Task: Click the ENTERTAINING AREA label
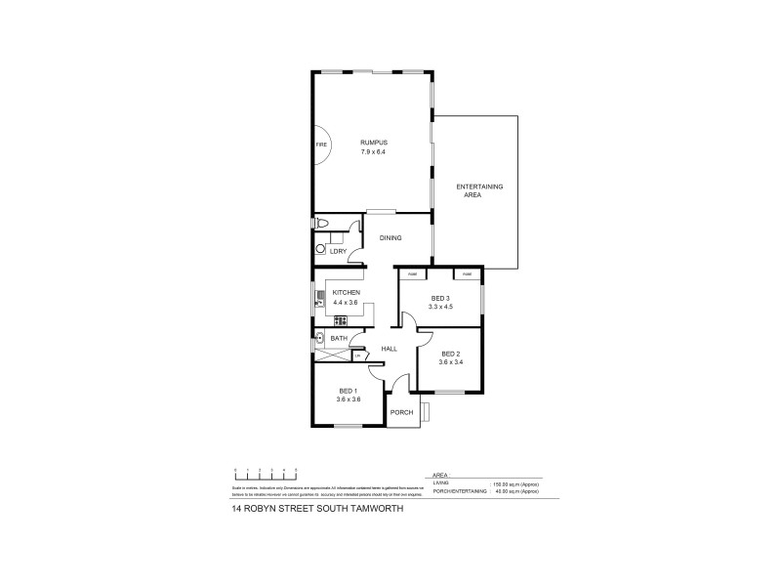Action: coord(479,190)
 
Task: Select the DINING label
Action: coord(390,237)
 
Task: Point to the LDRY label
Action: coord(338,252)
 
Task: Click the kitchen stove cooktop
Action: coord(340,321)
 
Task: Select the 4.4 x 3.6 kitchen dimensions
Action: coord(347,303)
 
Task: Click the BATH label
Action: coord(339,339)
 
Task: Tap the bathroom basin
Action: coord(319,339)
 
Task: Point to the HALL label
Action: coord(389,349)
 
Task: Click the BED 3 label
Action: coord(439,298)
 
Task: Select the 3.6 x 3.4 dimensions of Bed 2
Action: coord(450,362)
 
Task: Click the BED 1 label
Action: coord(349,391)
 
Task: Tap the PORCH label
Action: coord(401,412)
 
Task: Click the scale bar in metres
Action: coord(264,474)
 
